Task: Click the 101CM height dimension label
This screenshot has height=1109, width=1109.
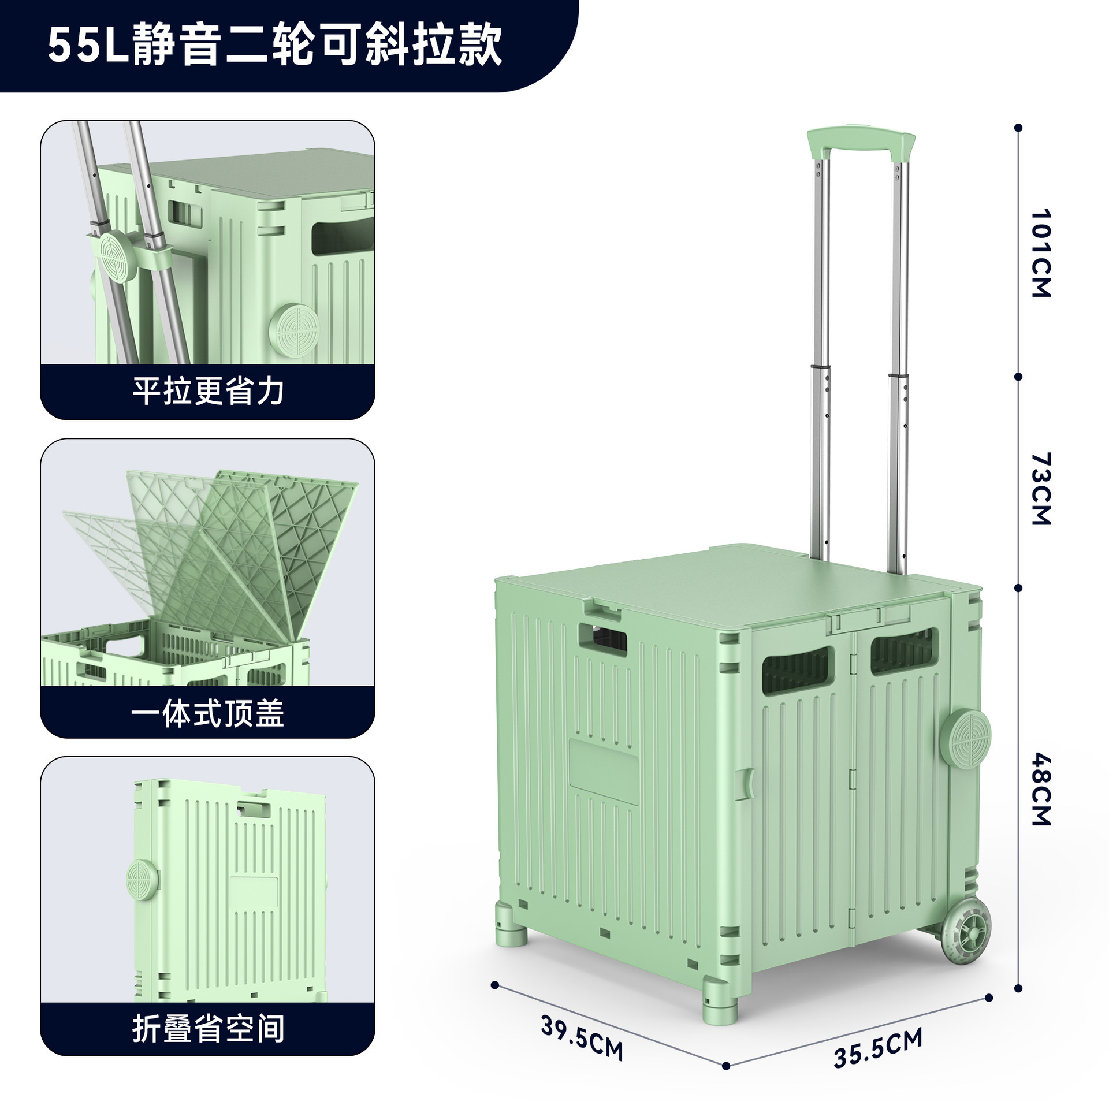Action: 1040,254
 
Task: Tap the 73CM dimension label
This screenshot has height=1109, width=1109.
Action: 1040,489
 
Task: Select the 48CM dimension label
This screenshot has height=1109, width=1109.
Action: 1040,789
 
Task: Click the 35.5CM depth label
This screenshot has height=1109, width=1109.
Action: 877,1048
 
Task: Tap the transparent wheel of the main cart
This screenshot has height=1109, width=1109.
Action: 966,932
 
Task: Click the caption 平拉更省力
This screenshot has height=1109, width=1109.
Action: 208,392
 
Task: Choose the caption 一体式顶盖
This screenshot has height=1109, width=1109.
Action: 208,713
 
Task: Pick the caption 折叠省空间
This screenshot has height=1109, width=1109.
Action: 208,1029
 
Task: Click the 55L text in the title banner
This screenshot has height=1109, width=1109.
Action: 87,45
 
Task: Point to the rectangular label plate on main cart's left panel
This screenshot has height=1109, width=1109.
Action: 604,771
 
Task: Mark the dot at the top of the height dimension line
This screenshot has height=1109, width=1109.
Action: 1018,127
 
